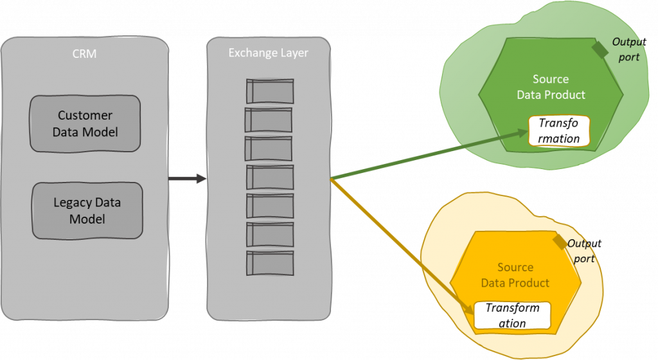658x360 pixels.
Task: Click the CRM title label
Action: (84, 54)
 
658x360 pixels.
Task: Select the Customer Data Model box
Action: (85, 123)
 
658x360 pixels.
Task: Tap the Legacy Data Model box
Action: (87, 211)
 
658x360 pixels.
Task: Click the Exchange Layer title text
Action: (268, 53)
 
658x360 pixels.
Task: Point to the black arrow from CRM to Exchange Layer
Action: (187, 178)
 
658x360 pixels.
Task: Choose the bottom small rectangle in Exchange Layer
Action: (269, 263)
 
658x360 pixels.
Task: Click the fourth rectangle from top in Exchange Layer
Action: (269, 177)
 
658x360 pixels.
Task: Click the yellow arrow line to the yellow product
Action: (398, 244)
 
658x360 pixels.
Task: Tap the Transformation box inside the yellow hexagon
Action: (512, 315)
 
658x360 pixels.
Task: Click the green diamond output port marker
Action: (600, 50)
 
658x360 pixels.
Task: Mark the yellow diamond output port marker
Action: (560, 242)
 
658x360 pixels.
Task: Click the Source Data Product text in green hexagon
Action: (551, 87)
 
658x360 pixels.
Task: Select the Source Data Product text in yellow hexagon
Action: (515, 275)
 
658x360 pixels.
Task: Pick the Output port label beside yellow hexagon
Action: (583, 251)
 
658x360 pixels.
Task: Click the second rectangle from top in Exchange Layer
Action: (269, 120)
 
